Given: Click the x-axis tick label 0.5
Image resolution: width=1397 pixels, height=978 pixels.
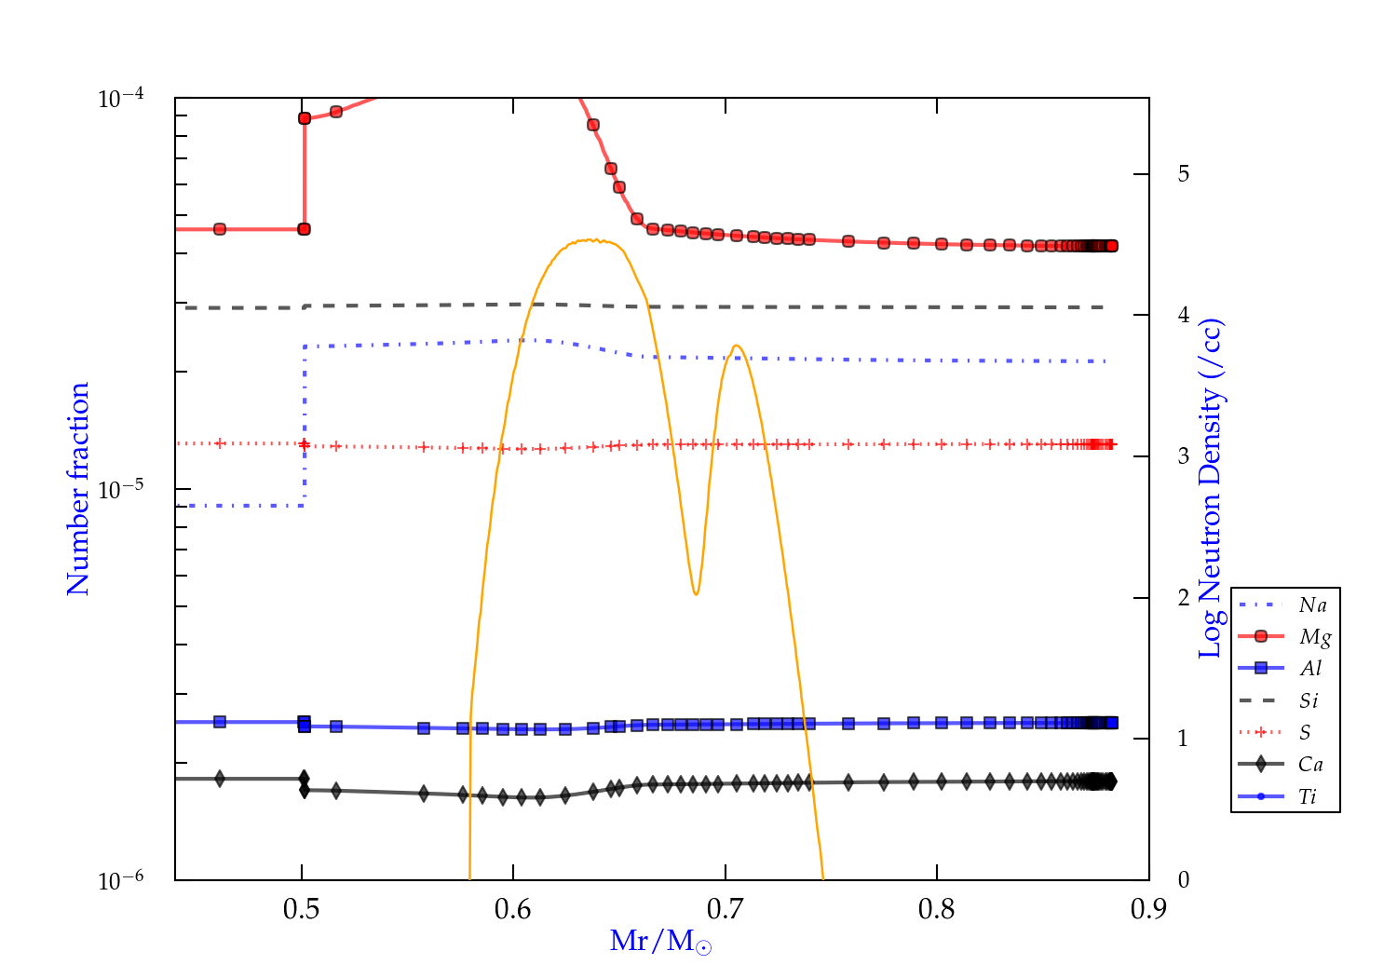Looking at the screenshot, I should click(301, 909).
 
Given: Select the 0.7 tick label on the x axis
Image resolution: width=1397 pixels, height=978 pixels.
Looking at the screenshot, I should click(725, 909).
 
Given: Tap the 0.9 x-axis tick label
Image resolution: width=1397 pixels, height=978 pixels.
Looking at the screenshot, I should click(1148, 909).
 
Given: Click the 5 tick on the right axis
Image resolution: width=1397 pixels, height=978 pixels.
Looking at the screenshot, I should click(1183, 174).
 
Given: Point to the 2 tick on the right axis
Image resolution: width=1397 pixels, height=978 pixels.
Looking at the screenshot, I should click(1183, 598).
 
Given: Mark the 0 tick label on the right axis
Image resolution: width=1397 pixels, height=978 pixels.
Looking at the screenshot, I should click(1183, 880).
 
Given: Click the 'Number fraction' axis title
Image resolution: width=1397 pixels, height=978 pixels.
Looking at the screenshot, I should click(78, 489).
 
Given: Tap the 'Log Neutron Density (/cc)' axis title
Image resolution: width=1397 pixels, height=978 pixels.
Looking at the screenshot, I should click(1211, 489).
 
